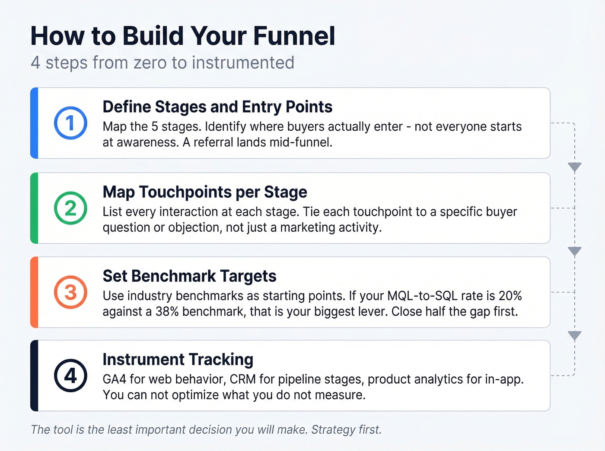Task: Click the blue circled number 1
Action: pos(70,123)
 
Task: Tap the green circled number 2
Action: pos(70,208)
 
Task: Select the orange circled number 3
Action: pos(70,292)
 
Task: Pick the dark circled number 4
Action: pos(70,375)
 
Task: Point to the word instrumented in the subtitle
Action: pos(243,63)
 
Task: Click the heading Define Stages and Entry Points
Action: pos(217,107)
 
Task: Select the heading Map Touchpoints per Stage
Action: pos(205,192)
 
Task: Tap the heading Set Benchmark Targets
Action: pos(189,276)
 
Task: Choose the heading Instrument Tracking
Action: pos(178,360)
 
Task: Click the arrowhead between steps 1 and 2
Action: pos(574,167)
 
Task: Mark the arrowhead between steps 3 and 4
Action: pos(574,335)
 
